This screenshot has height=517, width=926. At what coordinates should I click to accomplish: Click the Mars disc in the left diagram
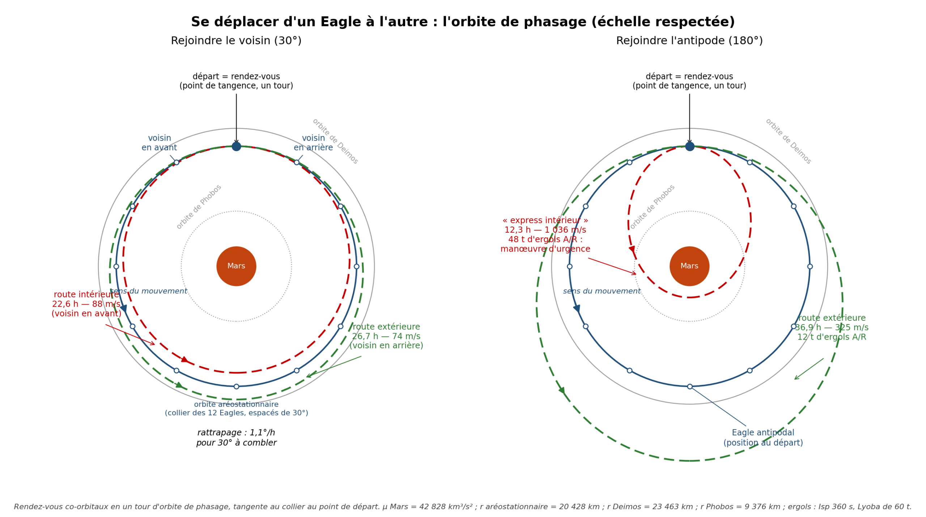(236, 266)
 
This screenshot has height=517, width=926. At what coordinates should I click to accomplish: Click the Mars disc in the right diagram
(689, 266)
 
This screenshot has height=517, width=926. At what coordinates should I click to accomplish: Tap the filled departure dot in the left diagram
(236, 146)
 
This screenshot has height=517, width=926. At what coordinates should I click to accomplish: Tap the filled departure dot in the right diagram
(690, 146)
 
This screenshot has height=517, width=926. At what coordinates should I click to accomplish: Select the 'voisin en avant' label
(159, 143)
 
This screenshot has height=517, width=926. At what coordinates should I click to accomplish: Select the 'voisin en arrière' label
(313, 143)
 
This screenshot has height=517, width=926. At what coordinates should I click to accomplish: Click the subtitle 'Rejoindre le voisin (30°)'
(236, 41)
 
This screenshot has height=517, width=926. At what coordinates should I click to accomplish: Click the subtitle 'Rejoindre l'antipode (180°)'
(689, 41)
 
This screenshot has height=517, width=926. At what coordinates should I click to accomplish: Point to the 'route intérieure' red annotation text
(86, 304)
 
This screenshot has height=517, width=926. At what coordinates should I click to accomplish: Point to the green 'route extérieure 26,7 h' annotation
(386, 336)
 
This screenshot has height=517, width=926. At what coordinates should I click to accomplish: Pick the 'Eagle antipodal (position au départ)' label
(763, 438)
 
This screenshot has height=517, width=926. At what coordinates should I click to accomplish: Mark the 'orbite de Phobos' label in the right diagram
(653, 207)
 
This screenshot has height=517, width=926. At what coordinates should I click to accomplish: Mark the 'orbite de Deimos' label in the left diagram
(335, 141)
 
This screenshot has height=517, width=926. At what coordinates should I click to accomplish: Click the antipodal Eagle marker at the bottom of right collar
(690, 387)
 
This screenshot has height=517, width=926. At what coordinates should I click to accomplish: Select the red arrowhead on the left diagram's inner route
(185, 359)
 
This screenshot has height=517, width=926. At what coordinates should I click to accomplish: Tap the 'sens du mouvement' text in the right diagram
(602, 291)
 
